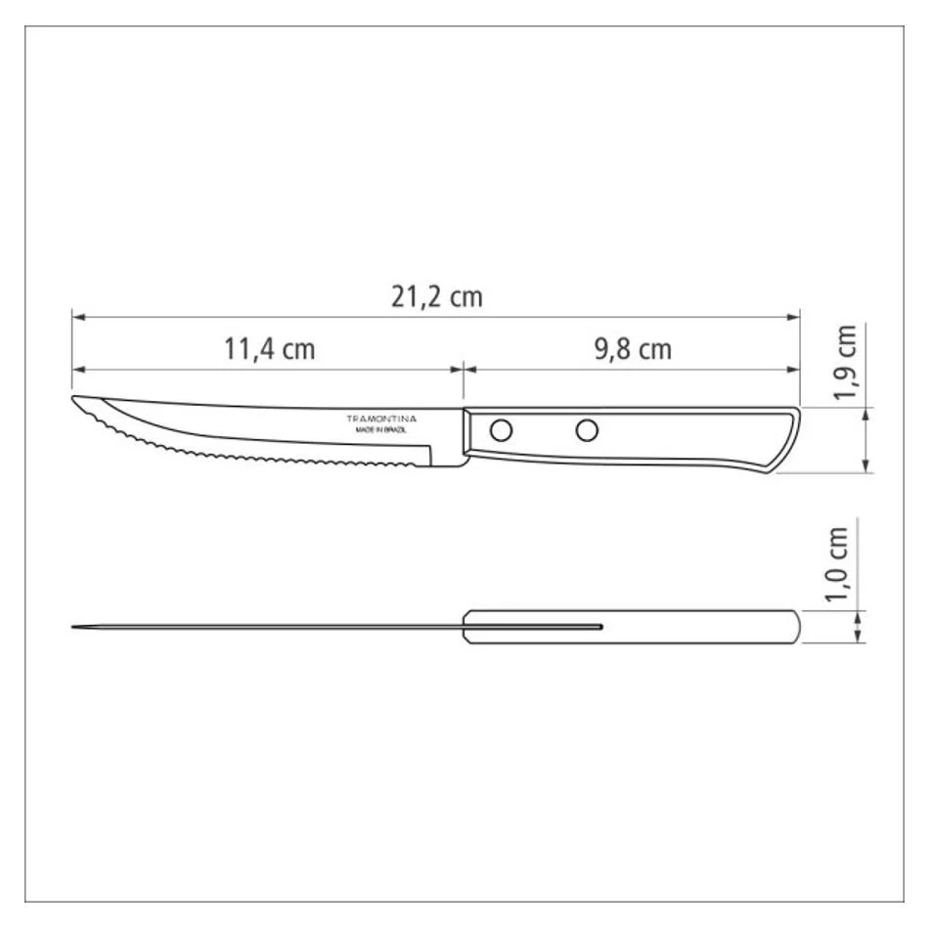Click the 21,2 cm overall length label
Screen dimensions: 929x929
[437, 297]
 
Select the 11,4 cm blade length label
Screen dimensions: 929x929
[270, 349]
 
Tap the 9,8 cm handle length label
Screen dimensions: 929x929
[633, 349]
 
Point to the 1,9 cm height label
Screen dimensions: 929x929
[845, 363]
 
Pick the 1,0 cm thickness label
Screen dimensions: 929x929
[836, 564]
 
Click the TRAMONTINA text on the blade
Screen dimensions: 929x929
[381, 419]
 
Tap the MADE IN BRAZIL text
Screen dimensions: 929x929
[381, 430]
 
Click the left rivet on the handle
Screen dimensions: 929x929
[502, 430]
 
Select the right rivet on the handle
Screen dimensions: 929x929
[587, 430]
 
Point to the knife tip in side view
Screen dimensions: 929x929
[73, 397]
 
